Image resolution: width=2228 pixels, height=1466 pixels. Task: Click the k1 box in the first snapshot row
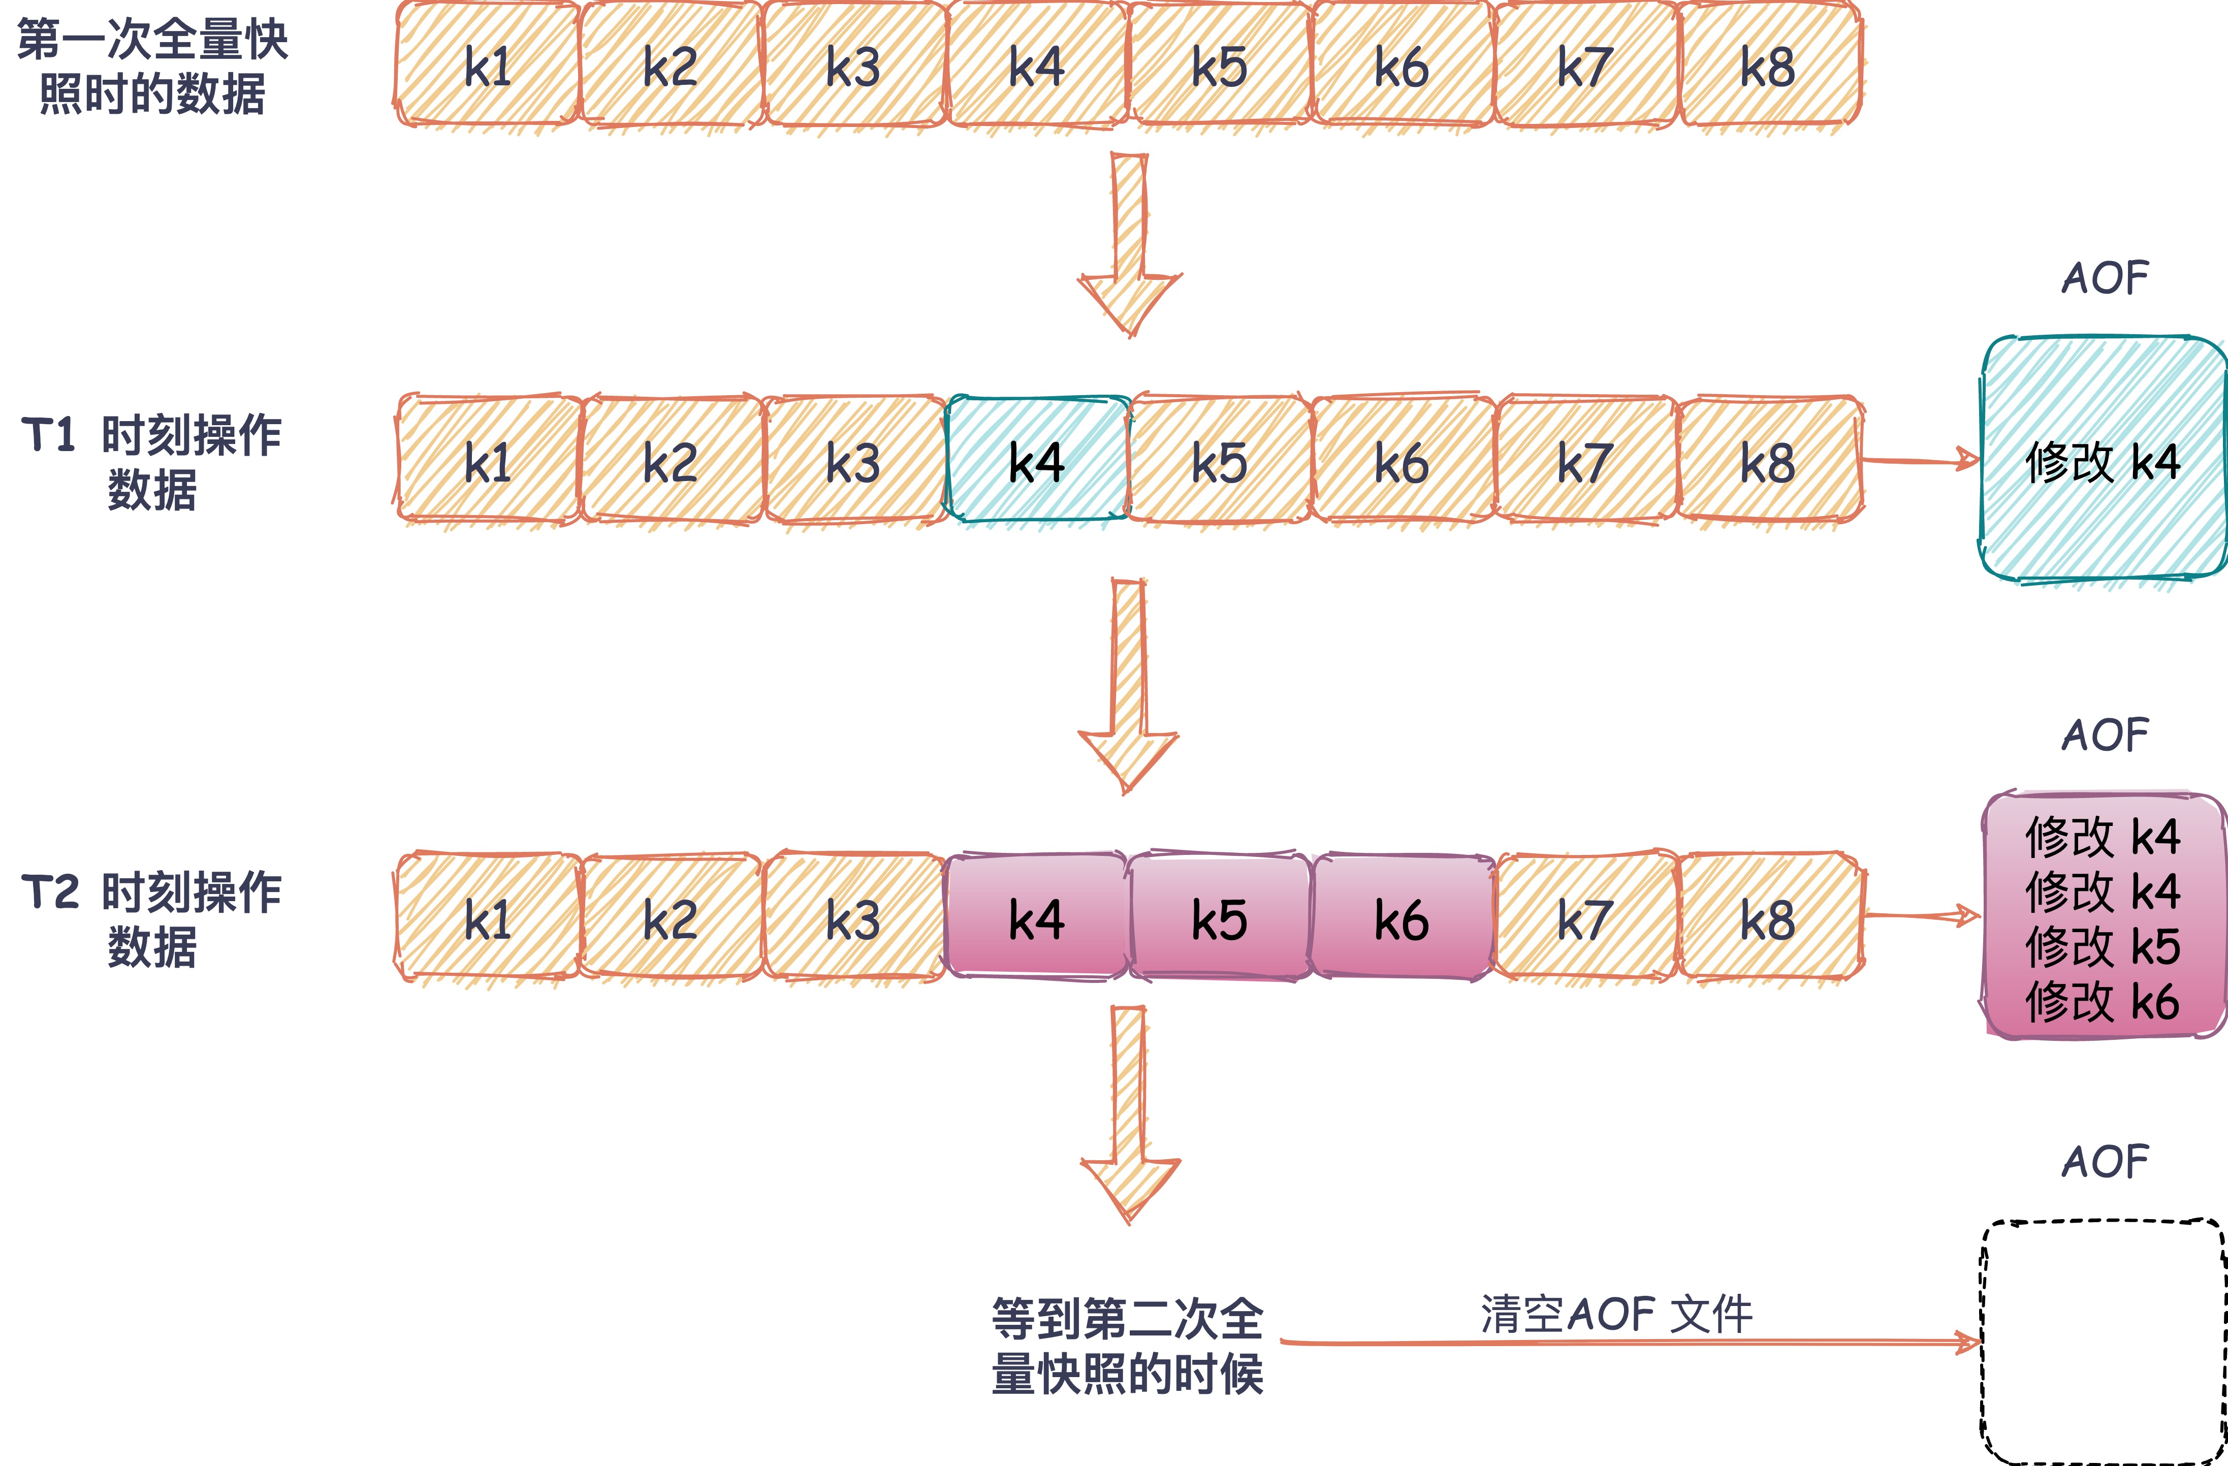[487, 66]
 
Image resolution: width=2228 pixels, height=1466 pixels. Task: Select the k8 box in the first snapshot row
[1767, 66]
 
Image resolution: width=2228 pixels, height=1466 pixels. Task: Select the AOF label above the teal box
[2105, 278]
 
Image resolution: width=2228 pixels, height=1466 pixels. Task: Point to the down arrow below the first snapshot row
[1129, 243]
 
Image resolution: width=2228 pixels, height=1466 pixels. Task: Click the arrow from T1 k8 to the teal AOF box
[1919, 460]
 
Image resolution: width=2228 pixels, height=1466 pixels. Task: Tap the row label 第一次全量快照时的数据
[152, 66]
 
